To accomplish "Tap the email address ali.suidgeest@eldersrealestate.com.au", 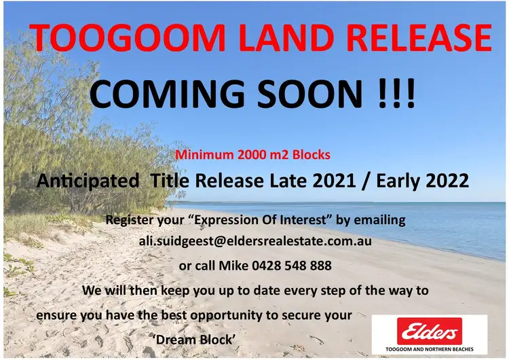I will (254, 241).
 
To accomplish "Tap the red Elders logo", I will (429, 331).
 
